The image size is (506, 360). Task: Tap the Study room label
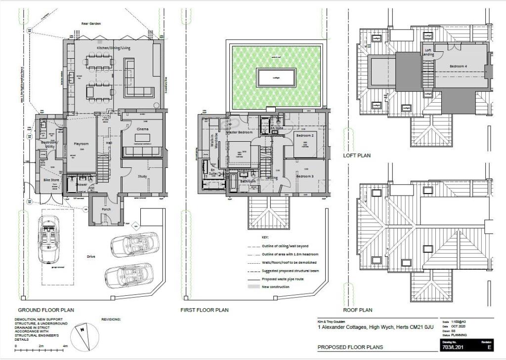click(142, 176)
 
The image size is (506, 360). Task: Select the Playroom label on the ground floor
click(81, 144)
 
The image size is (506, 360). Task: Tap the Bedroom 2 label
click(304, 135)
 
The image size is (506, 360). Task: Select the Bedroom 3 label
click(304, 176)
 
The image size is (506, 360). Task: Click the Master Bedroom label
click(239, 133)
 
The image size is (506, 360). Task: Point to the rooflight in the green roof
click(276, 77)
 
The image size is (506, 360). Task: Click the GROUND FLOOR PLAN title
click(46, 310)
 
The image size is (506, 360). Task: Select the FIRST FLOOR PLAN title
click(205, 310)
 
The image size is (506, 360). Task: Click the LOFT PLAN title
click(357, 156)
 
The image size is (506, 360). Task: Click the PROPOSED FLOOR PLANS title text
click(350, 347)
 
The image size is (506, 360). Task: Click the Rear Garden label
click(92, 23)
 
